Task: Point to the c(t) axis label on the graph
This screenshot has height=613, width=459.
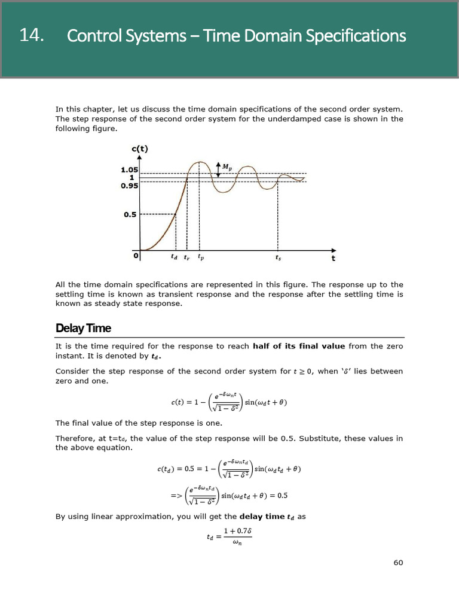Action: coord(139,148)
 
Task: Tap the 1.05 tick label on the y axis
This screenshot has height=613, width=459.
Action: coord(129,169)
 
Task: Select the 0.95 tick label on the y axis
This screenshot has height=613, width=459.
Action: coord(129,186)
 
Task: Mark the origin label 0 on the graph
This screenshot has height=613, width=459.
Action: coord(136,256)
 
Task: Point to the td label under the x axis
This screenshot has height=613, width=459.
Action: coord(174,257)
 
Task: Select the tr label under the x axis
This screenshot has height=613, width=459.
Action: coord(186,257)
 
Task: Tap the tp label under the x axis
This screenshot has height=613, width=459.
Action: coord(200,257)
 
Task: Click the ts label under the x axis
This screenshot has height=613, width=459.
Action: coord(278,258)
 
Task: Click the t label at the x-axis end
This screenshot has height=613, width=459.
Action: coord(333,259)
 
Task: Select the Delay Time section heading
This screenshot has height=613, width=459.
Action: coord(83,328)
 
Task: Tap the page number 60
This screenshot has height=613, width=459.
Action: coord(398,562)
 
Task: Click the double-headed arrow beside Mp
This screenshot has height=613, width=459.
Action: coord(219,168)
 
